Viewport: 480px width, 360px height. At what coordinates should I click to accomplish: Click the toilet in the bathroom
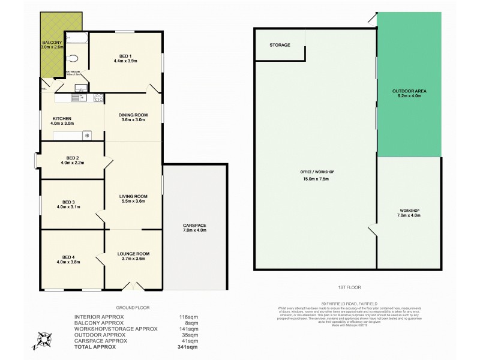pos(73,58)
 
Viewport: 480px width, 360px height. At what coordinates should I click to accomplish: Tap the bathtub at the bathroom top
pos(76,38)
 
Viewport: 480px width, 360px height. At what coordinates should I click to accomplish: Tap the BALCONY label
pos(51,43)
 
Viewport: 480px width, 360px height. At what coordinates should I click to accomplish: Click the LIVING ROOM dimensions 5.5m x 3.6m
pos(133,202)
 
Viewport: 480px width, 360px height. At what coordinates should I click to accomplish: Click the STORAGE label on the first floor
pos(280,45)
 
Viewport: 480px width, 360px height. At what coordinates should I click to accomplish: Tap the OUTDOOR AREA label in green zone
pos(409,91)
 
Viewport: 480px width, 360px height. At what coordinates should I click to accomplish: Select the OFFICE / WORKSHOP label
pos(317,172)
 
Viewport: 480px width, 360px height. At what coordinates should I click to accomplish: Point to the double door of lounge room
pos(134,286)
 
